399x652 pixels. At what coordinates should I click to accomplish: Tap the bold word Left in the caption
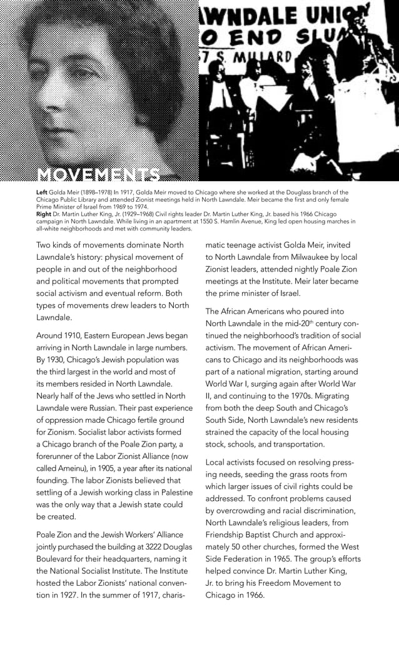43,192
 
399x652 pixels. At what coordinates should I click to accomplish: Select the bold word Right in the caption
44,214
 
